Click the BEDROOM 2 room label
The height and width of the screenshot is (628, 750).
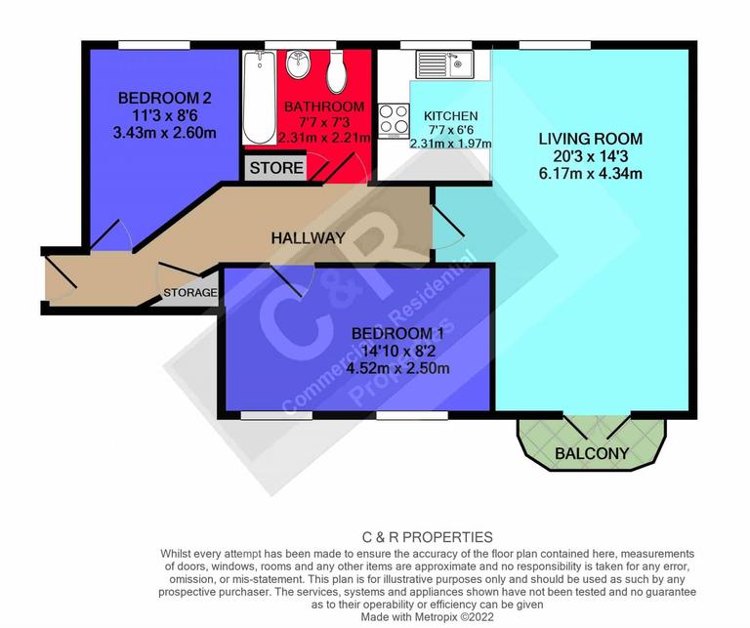point(151,98)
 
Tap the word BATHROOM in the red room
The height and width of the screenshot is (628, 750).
point(324,105)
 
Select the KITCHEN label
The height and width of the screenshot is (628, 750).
point(450,115)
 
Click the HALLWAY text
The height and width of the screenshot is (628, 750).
point(309,238)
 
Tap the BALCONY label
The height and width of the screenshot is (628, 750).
point(591,453)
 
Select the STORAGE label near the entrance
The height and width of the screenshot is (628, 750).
point(190,293)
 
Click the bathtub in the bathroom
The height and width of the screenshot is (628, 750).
point(259,98)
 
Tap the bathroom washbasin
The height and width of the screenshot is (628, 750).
point(298,66)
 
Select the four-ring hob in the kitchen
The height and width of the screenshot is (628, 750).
point(395,121)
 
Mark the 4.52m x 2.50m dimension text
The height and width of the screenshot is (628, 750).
point(400,368)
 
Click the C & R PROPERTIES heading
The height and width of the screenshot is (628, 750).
point(428,537)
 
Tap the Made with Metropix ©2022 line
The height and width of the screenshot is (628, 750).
point(428,616)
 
